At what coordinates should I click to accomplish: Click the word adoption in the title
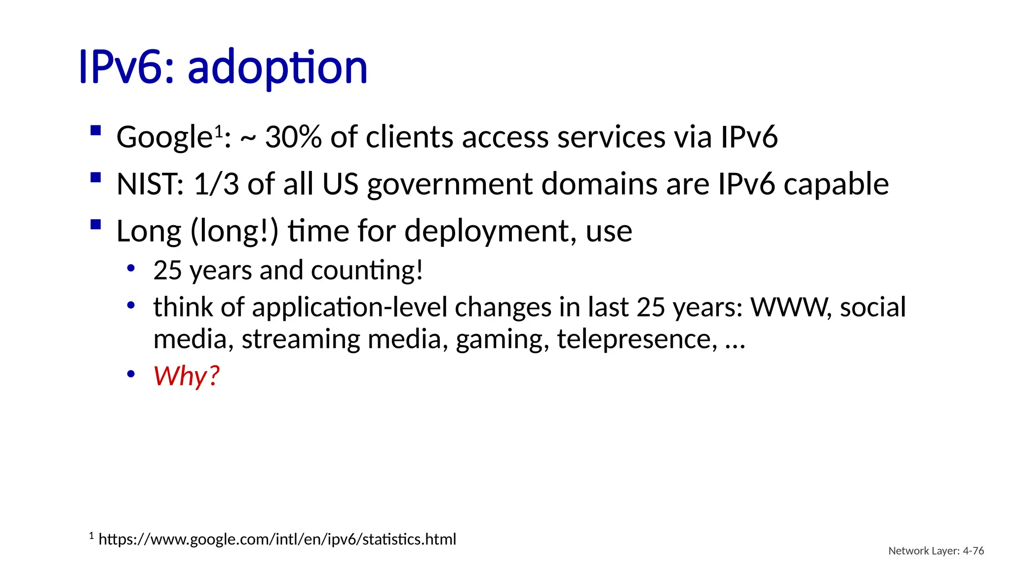[x=277, y=68]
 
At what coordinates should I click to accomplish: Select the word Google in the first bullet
[x=164, y=137]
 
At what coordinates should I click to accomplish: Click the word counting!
[x=367, y=271]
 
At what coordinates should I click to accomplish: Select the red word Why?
[x=186, y=376]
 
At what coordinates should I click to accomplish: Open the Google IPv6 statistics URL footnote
[x=277, y=539]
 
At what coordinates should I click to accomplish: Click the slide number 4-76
[x=973, y=551]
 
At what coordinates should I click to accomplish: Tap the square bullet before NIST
[x=96, y=178]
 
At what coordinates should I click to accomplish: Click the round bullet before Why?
[x=131, y=374]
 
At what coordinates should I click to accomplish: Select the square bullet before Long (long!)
[x=96, y=225]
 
